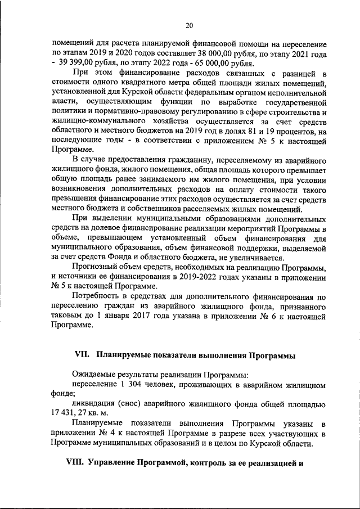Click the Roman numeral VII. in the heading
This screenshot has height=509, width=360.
click(83, 355)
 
